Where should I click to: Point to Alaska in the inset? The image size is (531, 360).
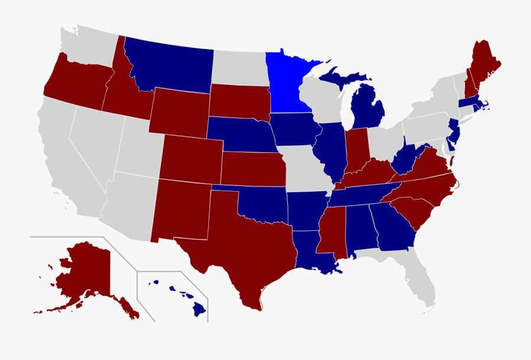pos(86,271)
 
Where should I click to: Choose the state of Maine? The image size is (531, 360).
pos(486,65)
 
